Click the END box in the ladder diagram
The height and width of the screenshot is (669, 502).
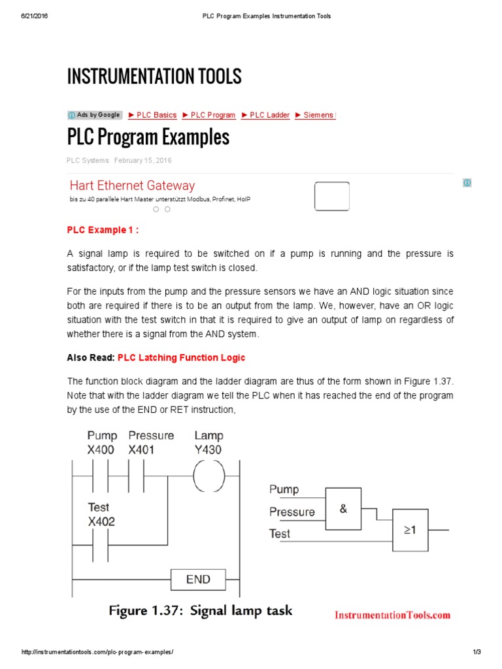click(x=198, y=579)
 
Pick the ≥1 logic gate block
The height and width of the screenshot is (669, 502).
click(x=410, y=530)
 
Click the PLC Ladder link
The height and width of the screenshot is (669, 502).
click(x=265, y=115)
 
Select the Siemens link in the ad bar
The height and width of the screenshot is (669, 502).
click(x=315, y=115)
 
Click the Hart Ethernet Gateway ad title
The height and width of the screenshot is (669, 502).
click(x=132, y=186)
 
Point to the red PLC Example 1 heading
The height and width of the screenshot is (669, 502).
click(x=103, y=230)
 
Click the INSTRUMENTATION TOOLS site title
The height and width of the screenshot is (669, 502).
click(x=154, y=76)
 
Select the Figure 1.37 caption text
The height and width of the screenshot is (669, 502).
click(x=200, y=611)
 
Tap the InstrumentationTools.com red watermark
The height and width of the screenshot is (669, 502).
click(x=392, y=615)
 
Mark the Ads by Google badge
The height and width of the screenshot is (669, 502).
click(x=95, y=115)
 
